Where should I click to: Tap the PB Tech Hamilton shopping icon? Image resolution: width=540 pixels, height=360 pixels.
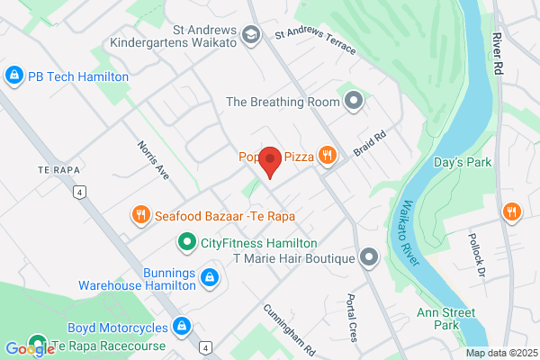[x=13, y=76]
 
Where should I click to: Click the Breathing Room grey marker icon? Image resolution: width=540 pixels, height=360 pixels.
[x=354, y=101]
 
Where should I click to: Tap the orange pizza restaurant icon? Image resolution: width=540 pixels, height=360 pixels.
[x=328, y=156]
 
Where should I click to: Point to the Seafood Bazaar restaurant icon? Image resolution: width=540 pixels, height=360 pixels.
[x=139, y=215]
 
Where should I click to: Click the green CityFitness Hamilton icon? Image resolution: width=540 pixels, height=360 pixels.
[x=186, y=242]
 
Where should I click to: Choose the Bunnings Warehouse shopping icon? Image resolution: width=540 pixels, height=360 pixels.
[x=210, y=277]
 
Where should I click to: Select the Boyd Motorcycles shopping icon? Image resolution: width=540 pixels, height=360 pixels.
[x=181, y=326]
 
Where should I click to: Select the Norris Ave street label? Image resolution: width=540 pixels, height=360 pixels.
[x=153, y=159]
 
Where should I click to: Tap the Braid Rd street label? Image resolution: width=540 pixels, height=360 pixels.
[x=369, y=145]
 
